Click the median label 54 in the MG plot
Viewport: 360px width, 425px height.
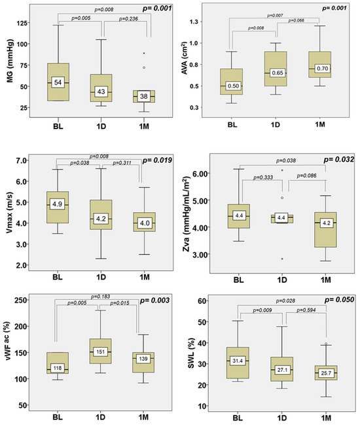pyautogui.click(x=58, y=83)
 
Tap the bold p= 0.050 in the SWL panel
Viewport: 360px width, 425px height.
pyautogui.click(x=332, y=301)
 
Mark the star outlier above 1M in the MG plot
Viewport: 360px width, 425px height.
pyautogui.click(x=144, y=54)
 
